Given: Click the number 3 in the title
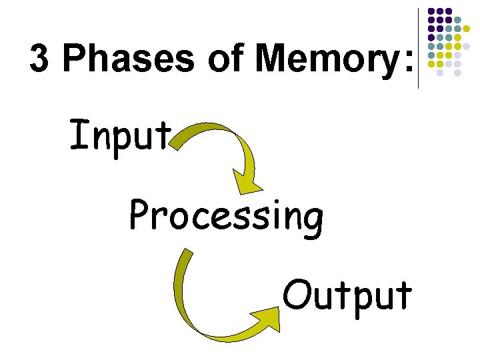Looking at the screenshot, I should pos(39,59).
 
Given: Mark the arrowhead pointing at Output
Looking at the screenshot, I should pos(268,318).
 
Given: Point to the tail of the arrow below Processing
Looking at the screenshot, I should pos(188,253).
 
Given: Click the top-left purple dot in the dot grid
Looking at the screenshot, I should pos(431,12).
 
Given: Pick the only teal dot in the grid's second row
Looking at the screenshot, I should pos(457,20).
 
